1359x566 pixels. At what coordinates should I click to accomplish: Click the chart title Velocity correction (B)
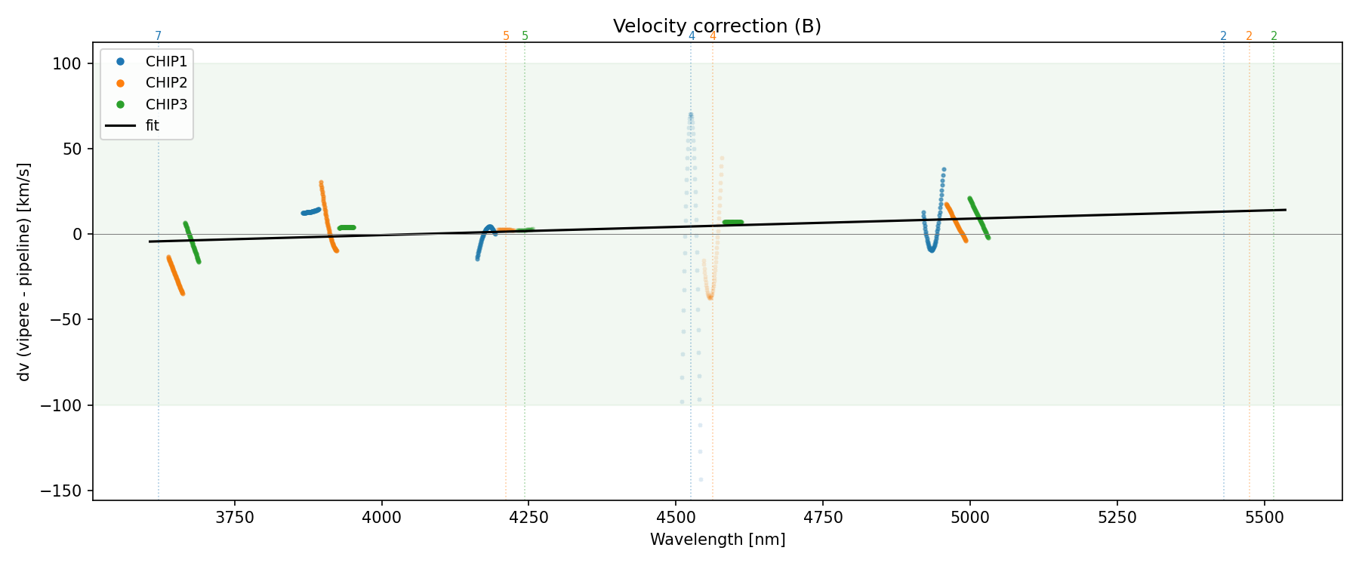pos(716,26)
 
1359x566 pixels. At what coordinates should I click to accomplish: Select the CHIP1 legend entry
pos(166,61)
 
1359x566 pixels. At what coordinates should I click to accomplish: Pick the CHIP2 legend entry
pos(166,83)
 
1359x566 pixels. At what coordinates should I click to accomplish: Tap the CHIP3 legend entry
pos(166,105)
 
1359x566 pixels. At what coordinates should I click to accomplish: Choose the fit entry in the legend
pos(153,126)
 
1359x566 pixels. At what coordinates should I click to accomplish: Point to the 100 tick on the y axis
pos(66,63)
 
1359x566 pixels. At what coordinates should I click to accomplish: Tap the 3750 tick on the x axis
pos(235,517)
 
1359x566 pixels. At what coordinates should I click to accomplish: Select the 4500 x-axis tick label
pos(676,517)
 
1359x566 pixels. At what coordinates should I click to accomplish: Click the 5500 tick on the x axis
pos(1264,517)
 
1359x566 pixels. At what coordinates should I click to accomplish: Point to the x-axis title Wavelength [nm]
pos(717,540)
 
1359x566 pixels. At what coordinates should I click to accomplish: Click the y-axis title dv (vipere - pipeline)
pos(24,272)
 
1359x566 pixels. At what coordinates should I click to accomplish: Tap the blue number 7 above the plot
pos(159,36)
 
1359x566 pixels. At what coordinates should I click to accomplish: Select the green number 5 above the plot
pos(525,36)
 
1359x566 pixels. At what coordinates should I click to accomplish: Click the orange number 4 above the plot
pos(713,36)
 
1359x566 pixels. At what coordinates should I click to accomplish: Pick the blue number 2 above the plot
pos(1223,36)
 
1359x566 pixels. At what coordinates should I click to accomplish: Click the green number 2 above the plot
pos(1274,36)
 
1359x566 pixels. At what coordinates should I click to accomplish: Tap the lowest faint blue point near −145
pos(701,479)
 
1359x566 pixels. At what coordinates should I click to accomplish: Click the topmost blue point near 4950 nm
pos(944,170)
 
